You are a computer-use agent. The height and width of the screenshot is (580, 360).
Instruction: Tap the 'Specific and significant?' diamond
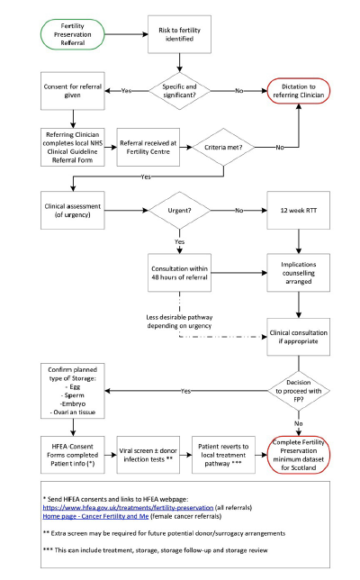coord(184,91)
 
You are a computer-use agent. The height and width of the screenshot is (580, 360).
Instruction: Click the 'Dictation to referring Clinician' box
coord(303,91)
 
